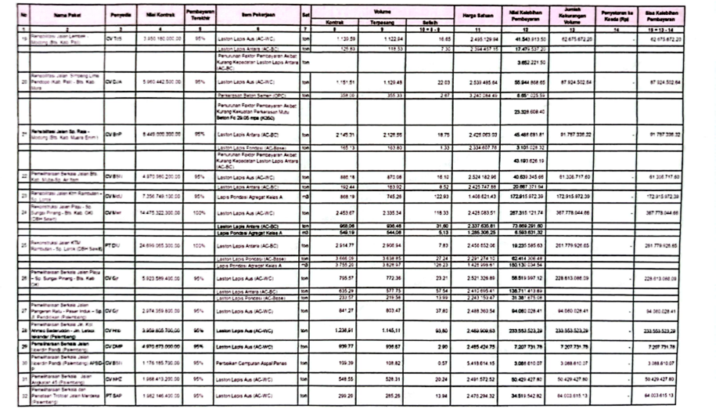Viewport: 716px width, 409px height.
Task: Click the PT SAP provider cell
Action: [x=115, y=398]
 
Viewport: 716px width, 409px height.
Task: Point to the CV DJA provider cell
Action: [x=115, y=81]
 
